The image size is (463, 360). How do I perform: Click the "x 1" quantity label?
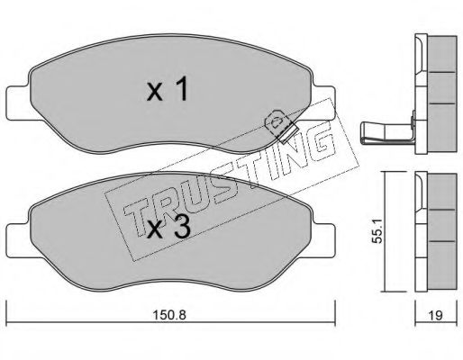click(x=168, y=89)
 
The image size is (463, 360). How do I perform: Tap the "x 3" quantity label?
click(x=168, y=227)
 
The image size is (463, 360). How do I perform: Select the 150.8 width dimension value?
click(x=169, y=315)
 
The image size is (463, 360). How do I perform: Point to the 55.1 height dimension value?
click(x=377, y=230)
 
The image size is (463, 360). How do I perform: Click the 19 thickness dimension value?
click(x=436, y=315)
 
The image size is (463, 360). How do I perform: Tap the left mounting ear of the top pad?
click(x=18, y=103)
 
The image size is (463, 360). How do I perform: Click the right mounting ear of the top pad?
click(x=323, y=103)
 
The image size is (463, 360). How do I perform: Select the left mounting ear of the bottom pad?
click(x=18, y=241)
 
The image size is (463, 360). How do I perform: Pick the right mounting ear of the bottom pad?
click(x=323, y=241)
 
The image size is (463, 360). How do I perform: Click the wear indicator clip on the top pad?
click(x=280, y=125)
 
